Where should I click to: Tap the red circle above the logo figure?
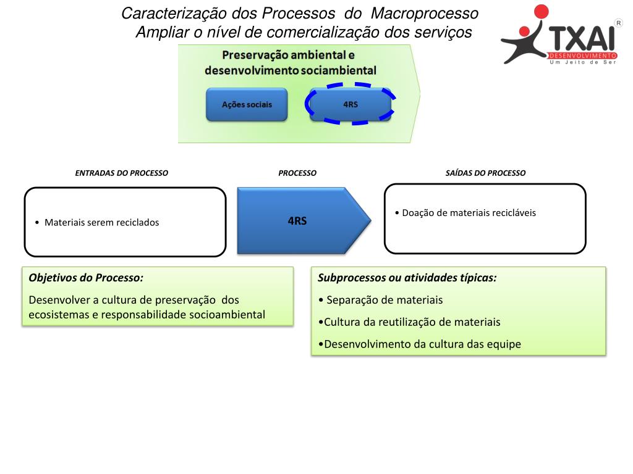click(542, 12)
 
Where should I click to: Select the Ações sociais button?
click(247, 104)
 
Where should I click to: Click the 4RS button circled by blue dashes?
click(350, 104)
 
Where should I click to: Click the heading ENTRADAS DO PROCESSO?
click(121, 173)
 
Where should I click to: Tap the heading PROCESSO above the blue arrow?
click(297, 173)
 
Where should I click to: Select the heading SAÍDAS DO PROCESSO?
click(485, 173)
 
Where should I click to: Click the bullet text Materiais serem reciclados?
click(101, 223)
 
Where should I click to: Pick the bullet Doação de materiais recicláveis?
click(469, 213)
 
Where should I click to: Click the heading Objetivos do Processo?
click(86, 278)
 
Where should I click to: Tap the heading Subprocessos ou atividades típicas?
click(407, 278)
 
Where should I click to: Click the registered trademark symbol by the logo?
click(619, 22)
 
